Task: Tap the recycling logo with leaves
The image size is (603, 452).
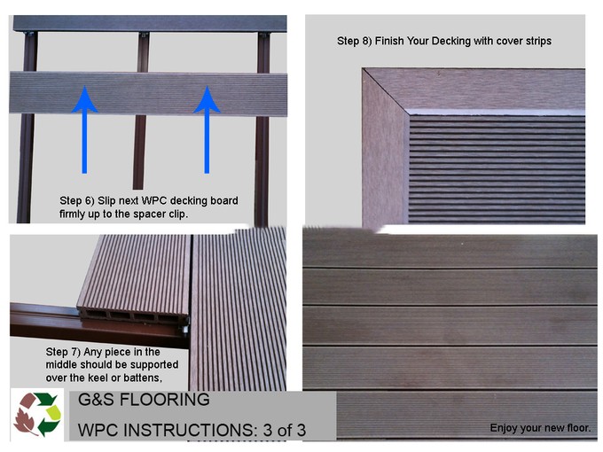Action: [36, 416]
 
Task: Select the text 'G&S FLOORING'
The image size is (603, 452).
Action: [144, 400]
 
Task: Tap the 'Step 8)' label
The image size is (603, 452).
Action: [357, 41]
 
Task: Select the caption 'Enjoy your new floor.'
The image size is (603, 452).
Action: [540, 428]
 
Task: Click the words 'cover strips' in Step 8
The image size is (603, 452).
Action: [521, 41]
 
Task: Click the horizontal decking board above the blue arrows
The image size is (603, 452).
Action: [148, 93]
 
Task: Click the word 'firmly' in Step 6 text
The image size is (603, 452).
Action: [78, 214]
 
